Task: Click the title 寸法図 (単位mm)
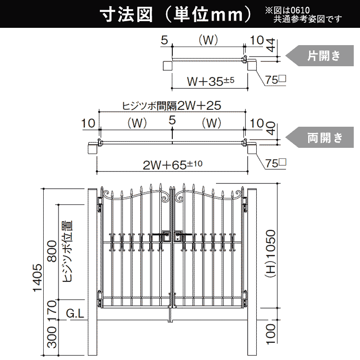pos(176,15)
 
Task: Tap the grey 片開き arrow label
pos(320,56)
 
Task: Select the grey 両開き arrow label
pos(320,137)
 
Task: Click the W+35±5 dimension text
pos(210,81)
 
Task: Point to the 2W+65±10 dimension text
pos(172,164)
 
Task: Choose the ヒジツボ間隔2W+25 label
pos(171,106)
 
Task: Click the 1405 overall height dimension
pos(38,277)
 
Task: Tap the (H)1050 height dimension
pos(270,254)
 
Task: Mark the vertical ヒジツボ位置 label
pos(67,252)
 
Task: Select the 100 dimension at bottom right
pos(270,334)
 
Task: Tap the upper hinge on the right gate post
pos(245,204)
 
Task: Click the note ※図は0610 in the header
pos(288,11)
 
